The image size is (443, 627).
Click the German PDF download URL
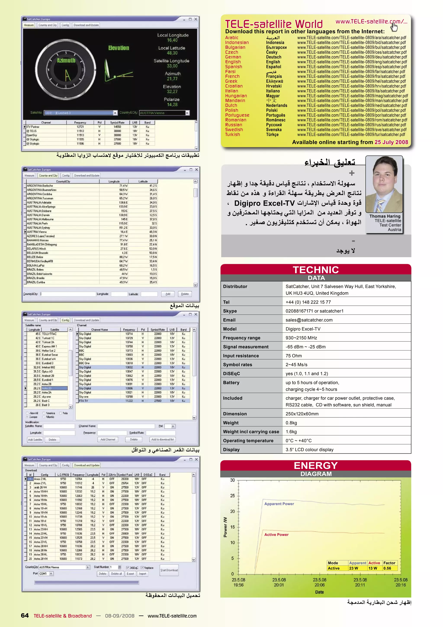352,57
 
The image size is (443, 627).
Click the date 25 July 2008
391,142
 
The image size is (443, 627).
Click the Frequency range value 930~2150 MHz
301,338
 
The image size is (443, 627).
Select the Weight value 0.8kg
291,423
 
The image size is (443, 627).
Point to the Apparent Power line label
279,504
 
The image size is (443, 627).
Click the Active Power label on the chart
276,535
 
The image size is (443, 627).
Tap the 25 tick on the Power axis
232,496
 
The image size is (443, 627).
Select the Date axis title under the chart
319,592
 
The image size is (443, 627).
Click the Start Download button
169,570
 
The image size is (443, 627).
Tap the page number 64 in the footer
25,616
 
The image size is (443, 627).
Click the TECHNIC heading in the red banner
316,270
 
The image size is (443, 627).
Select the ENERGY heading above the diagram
316,466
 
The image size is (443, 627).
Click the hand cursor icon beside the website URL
394,27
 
